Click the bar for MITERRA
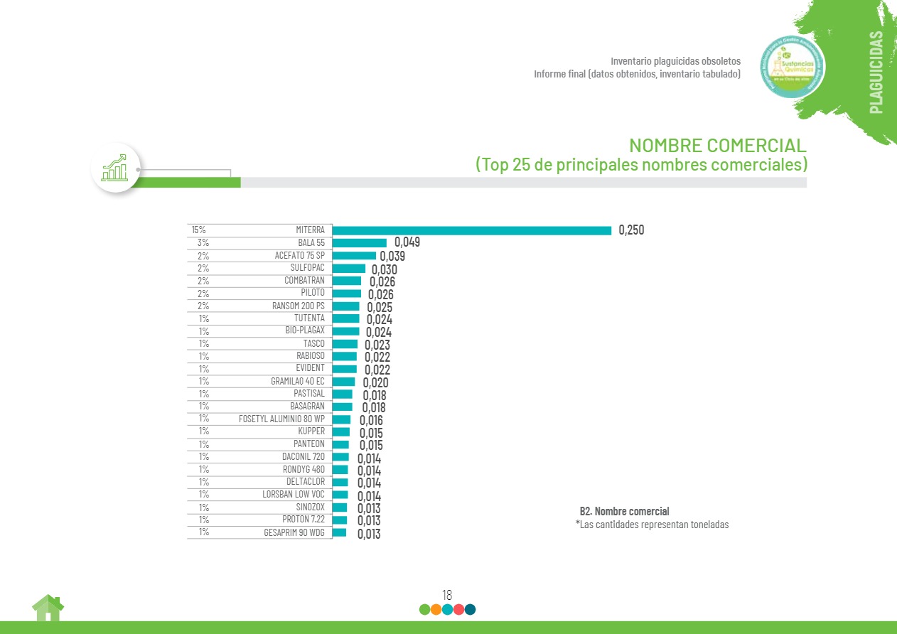pyautogui.click(x=472, y=230)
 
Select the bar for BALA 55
pyautogui.click(x=360, y=243)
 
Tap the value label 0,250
pyautogui.click(x=631, y=230)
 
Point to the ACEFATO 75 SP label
pyautogui.click(x=299, y=255)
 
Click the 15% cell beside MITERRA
pyautogui.click(x=198, y=230)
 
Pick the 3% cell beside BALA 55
pyautogui.click(x=203, y=243)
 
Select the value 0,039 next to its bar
pyautogui.click(x=392, y=256)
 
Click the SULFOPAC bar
pyautogui.click(x=349, y=269)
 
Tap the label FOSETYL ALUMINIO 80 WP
pyautogui.click(x=281, y=419)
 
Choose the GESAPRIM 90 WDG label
pyautogui.click(x=294, y=532)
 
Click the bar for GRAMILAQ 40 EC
pyautogui.click(x=343, y=382)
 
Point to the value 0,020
pyautogui.click(x=375, y=382)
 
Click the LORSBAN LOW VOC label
pyautogui.click(x=293, y=495)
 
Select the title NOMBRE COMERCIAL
pyautogui.click(x=718, y=146)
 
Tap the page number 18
pyautogui.click(x=447, y=595)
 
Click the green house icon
pyautogui.click(x=48, y=608)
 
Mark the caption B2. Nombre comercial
pyautogui.click(x=624, y=511)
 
